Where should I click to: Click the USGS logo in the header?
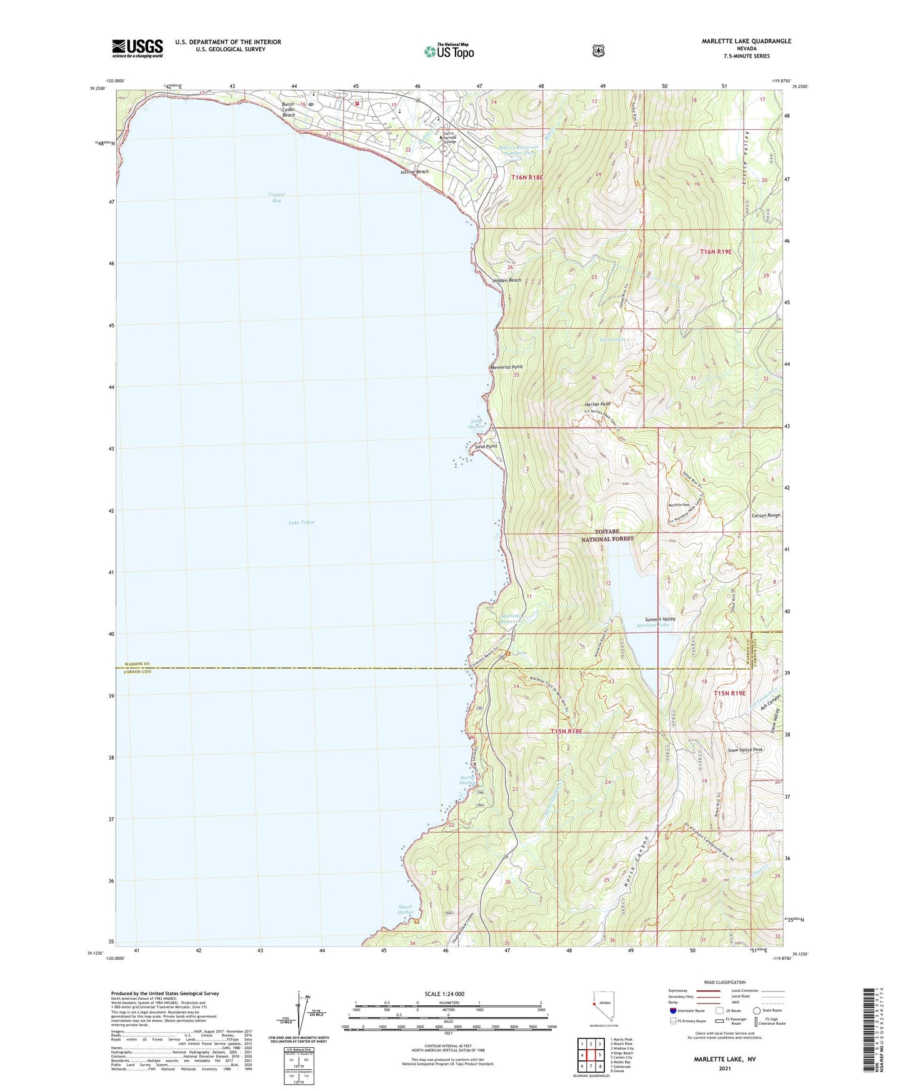pyautogui.click(x=137, y=47)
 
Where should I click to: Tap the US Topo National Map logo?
pyautogui.click(x=449, y=51)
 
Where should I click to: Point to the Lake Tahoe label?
pyautogui.click(x=302, y=522)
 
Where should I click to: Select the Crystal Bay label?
pyautogui.click(x=276, y=197)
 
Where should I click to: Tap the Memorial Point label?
pyautogui.click(x=507, y=367)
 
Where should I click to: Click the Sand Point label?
pyautogui.click(x=486, y=447)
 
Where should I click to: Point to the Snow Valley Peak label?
pyautogui.click(x=746, y=749)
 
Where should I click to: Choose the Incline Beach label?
pyautogui.click(x=415, y=172)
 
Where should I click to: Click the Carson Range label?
pyautogui.click(x=766, y=516)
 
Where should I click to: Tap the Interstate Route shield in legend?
pyautogui.click(x=672, y=1010)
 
